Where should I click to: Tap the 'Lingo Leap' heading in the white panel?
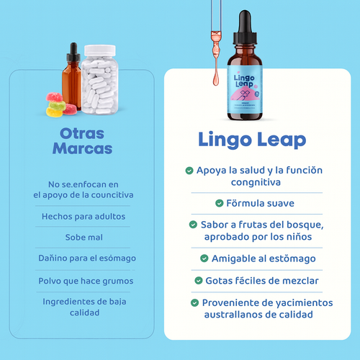click(x=251, y=140)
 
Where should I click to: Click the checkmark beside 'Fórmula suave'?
click(x=220, y=204)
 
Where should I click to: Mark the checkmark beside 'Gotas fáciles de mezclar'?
click(x=198, y=279)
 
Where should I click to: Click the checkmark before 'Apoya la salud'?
click(x=189, y=171)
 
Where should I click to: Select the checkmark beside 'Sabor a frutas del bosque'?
click(x=193, y=225)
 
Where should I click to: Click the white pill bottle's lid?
click(x=99, y=51)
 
